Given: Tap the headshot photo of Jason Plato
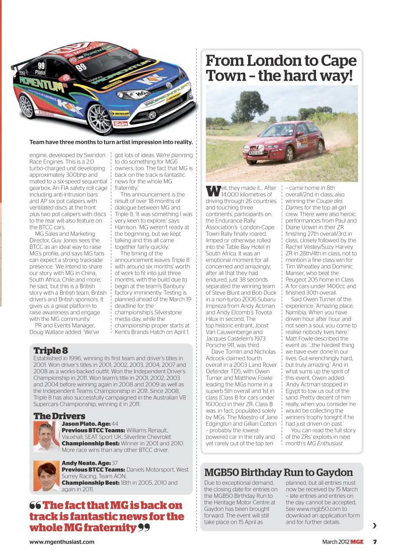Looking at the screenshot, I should coord(46,437).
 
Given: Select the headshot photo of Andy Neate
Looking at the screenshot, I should coord(46,476).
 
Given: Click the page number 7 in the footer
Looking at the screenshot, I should coord(375,542).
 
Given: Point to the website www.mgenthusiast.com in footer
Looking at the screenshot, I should coord(62,542).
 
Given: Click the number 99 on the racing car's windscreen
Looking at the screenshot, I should coord(81,67).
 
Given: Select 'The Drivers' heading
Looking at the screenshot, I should coord(59,416).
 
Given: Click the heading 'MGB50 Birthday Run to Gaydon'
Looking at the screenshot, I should coord(278,472).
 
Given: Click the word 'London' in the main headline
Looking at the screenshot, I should coord(273,61).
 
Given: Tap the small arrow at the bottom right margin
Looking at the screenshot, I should coord(375,526).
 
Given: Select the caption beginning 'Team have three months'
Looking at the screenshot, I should coord(111,142).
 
